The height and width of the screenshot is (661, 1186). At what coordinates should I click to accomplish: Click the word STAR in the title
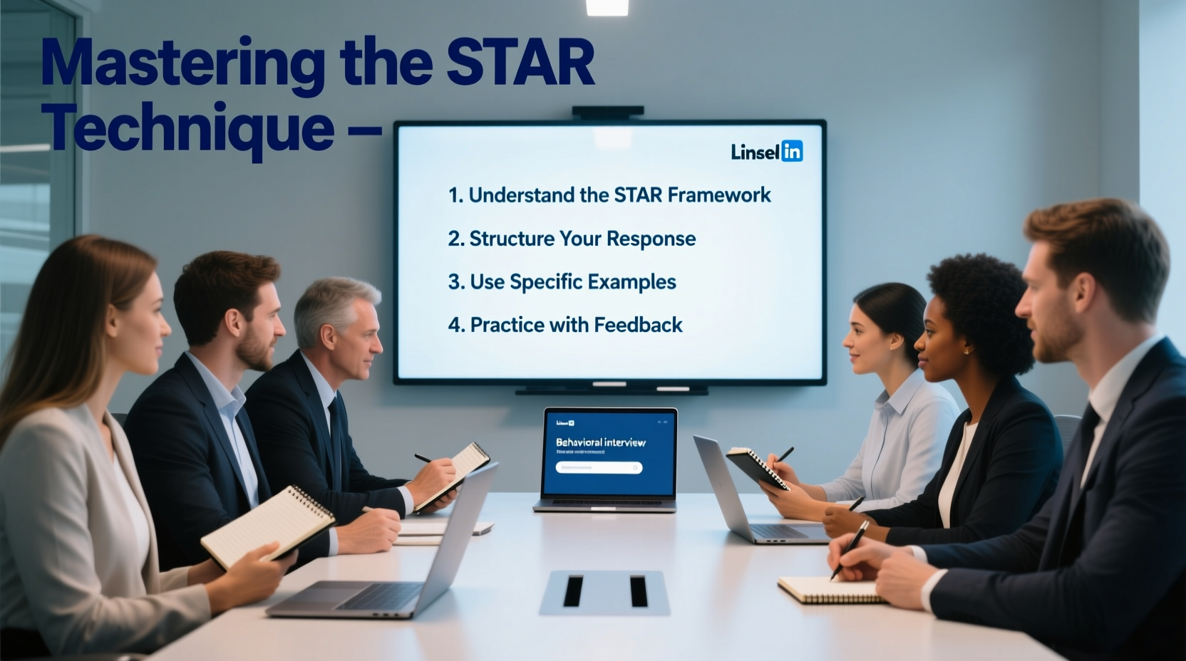520,63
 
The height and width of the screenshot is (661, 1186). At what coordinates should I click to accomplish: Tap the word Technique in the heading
190,128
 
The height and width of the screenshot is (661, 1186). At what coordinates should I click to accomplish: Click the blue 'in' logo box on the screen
792,151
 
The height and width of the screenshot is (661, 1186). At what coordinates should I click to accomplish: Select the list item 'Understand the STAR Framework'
609,195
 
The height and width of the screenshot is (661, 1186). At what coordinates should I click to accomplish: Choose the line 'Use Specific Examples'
562,282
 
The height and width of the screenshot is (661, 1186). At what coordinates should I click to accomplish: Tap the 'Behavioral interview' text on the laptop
601,442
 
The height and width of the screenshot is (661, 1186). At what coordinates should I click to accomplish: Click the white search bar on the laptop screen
599,468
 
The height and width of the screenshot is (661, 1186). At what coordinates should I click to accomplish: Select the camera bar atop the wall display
608,112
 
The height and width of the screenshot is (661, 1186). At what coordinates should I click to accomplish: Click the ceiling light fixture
607,7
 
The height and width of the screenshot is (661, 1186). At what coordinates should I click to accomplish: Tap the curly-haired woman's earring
967,350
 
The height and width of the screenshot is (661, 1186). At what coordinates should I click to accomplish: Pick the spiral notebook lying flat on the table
831,590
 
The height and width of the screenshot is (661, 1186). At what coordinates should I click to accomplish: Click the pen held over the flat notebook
850,548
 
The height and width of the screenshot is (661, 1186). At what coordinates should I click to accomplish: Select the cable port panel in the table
604,592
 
